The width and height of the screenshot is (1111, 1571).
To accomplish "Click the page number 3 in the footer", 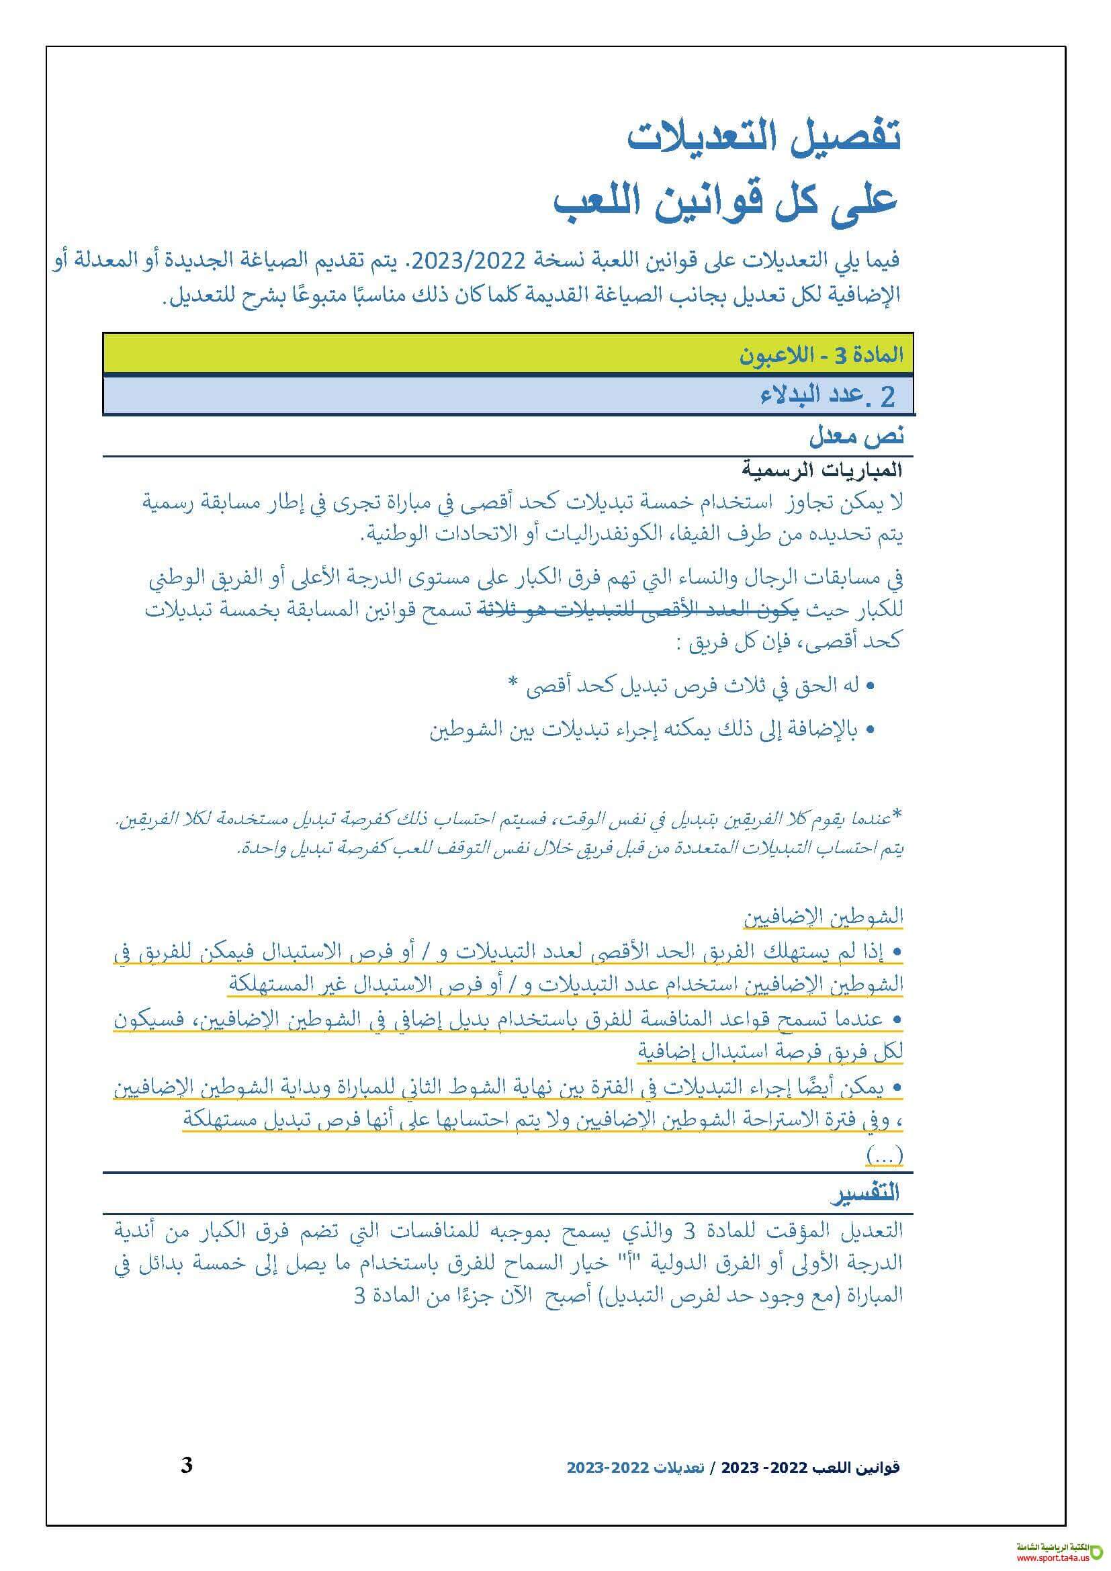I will tap(187, 1465).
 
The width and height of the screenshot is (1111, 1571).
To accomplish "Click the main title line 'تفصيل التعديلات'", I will tap(764, 136).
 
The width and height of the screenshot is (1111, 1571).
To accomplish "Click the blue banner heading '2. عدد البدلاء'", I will tap(828, 396).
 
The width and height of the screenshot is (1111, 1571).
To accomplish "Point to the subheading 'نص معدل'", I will tap(856, 435).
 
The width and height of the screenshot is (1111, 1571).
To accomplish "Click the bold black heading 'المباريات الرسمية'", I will tap(821, 470).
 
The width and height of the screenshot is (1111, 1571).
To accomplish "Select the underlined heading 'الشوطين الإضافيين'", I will tap(824, 916).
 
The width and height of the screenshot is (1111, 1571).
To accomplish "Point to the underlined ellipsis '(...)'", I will tap(884, 1156).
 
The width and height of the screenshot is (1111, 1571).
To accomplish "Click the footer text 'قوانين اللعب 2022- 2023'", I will tap(820, 1468).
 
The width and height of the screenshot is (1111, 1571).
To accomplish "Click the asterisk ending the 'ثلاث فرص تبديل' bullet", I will tap(513, 685).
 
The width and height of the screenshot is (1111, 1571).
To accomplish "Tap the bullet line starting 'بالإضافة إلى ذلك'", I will tap(652, 730).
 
